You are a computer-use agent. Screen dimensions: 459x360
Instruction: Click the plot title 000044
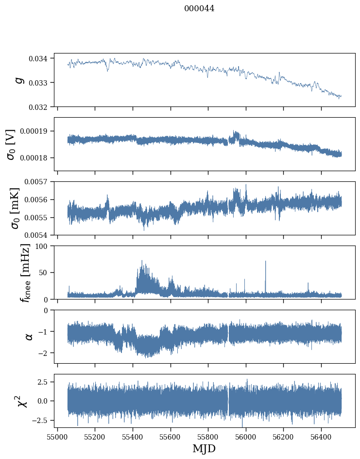point(199,9)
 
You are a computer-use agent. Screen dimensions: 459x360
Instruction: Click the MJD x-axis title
point(204,449)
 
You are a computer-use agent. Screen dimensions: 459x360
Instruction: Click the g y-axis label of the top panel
point(19,80)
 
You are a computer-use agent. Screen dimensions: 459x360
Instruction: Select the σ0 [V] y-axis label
point(10,144)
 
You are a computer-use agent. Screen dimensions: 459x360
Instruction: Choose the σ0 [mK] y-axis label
point(10,208)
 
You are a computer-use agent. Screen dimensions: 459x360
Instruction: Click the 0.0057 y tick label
point(37,182)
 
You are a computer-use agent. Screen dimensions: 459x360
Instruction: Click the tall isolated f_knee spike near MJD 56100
point(265,263)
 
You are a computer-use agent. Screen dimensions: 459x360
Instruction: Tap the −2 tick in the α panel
point(44,353)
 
